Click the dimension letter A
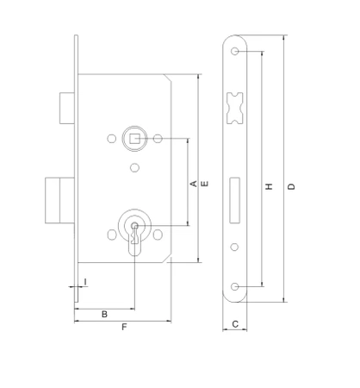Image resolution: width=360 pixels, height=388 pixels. coord(194,183)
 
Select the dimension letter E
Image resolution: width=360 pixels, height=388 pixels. coord(204,183)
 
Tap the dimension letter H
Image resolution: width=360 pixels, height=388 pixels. coord(270,187)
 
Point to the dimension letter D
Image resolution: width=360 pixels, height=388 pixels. coord(293,187)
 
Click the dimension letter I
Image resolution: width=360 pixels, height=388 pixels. coord(85,282)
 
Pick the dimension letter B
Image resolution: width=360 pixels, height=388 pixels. coord(104,314)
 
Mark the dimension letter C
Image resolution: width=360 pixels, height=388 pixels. coord(235,326)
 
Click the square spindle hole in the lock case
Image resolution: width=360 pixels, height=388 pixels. coord(134,138)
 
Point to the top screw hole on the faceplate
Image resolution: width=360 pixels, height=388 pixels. coord(235,53)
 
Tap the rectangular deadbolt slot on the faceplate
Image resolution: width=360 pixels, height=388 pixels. coord(235,191)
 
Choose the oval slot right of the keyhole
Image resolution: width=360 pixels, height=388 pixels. coord(159,234)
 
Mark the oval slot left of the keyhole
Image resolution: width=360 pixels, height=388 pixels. coord(111,234)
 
